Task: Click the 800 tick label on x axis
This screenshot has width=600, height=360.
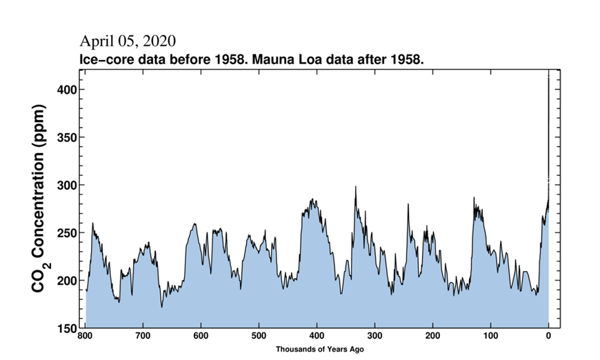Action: [85, 337]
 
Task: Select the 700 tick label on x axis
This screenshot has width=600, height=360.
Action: [143, 337]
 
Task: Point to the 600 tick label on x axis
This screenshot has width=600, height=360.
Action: [201, 337]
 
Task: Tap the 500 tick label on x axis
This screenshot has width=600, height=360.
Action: [259, 337]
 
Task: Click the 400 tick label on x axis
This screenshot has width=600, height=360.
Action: [317, 337]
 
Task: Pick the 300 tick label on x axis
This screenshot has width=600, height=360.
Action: [374, 337]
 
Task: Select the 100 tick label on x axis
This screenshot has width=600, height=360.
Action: [490, 337]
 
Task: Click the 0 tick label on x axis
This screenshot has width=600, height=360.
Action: [548, 337]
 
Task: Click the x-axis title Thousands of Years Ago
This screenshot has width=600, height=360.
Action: [319, 350]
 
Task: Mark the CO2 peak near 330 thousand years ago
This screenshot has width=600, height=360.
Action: [356, 187]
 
